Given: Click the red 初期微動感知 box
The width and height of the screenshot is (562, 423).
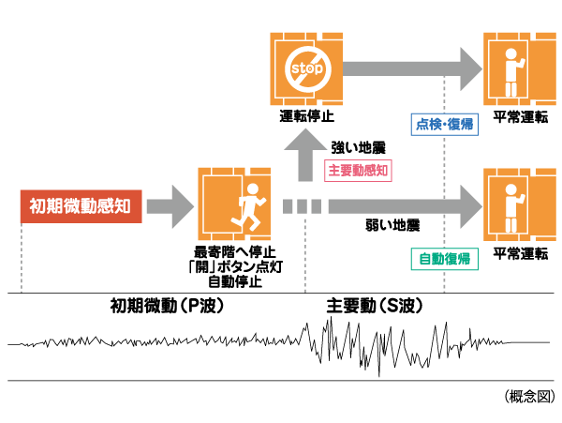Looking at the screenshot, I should (80, 204).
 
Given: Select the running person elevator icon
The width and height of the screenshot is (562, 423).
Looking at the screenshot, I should (234, 204).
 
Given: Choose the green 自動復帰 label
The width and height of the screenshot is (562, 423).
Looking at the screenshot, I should (443, 257).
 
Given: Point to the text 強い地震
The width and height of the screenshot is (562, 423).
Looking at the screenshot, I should (358, 147).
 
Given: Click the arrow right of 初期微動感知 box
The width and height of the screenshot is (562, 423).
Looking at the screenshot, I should (169, 204).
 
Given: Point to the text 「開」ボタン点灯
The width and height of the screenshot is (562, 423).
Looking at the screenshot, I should (234, 266).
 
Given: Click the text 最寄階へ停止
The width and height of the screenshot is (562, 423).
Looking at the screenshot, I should (234, 251).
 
